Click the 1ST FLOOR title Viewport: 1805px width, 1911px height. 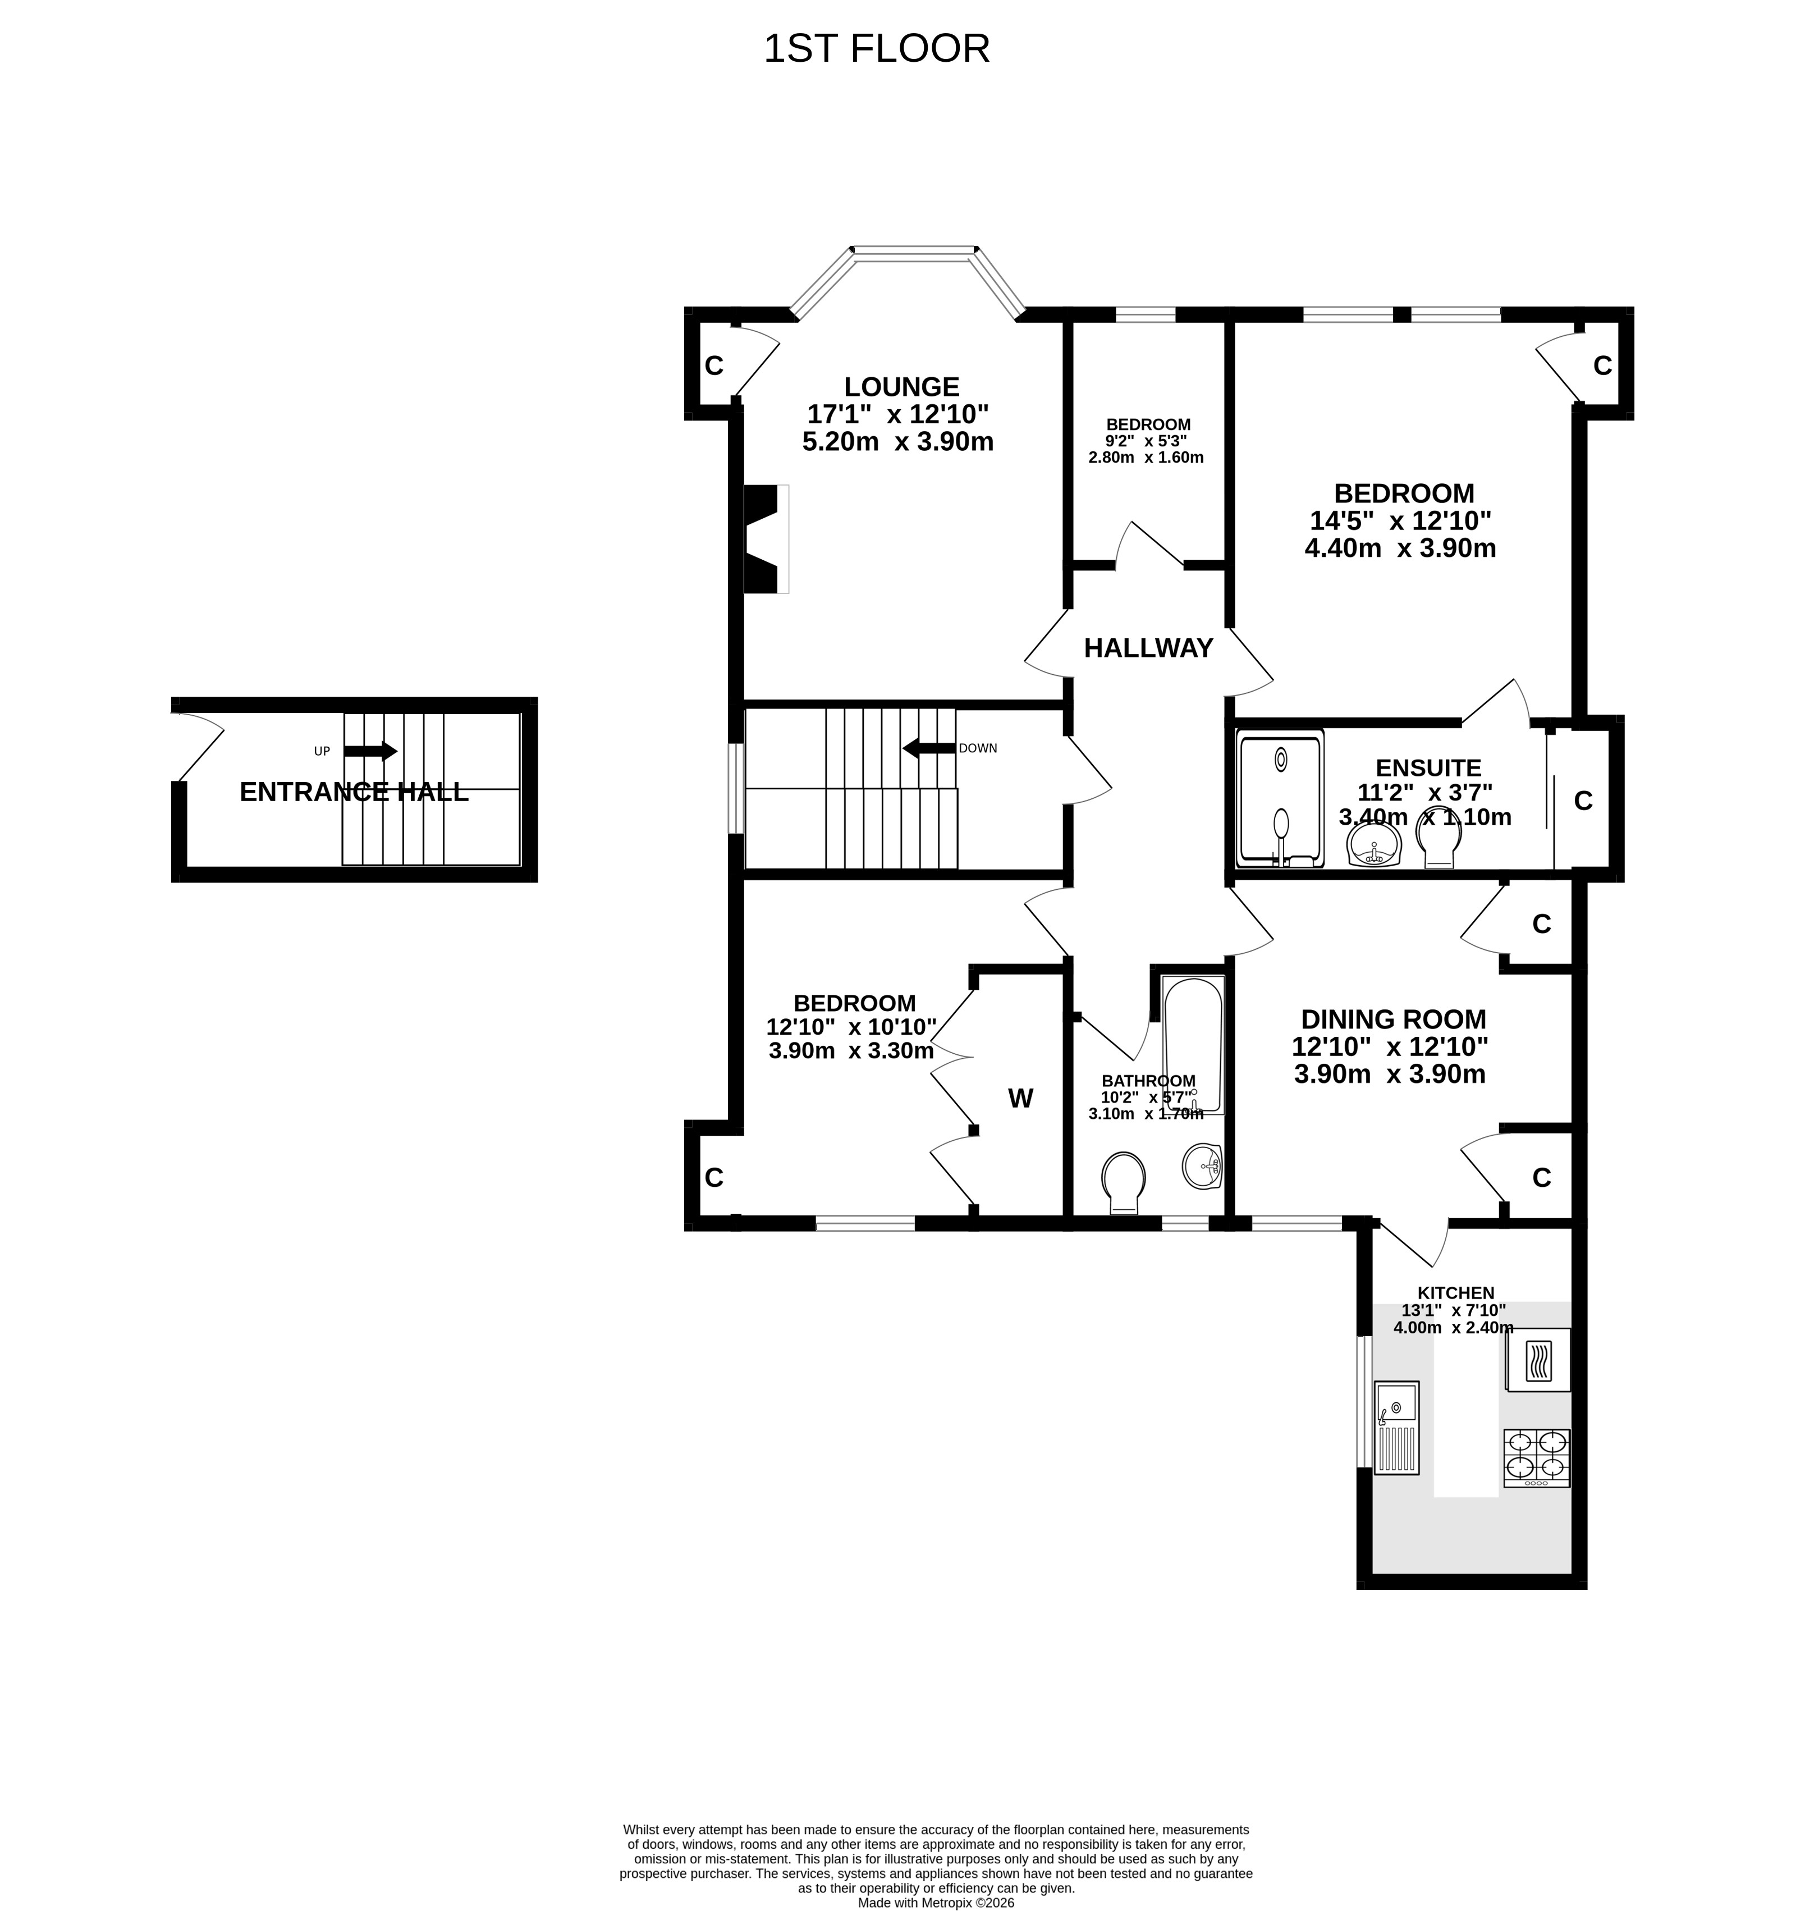coord(877,49)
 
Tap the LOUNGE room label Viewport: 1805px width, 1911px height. coord(901,387)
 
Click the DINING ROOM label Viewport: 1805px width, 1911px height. coord(1393,1019)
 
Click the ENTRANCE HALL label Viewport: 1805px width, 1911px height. coord(354,792)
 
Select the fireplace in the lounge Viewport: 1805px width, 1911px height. coord(766,539)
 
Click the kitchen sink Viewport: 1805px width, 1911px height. coord(1397,1427)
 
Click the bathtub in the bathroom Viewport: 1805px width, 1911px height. coord(1193,1045)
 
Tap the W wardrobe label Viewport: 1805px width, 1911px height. coord(1020,1098)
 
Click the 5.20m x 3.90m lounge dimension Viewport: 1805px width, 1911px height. coord(897,442)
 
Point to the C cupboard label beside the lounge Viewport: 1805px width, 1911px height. coord(714,365)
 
